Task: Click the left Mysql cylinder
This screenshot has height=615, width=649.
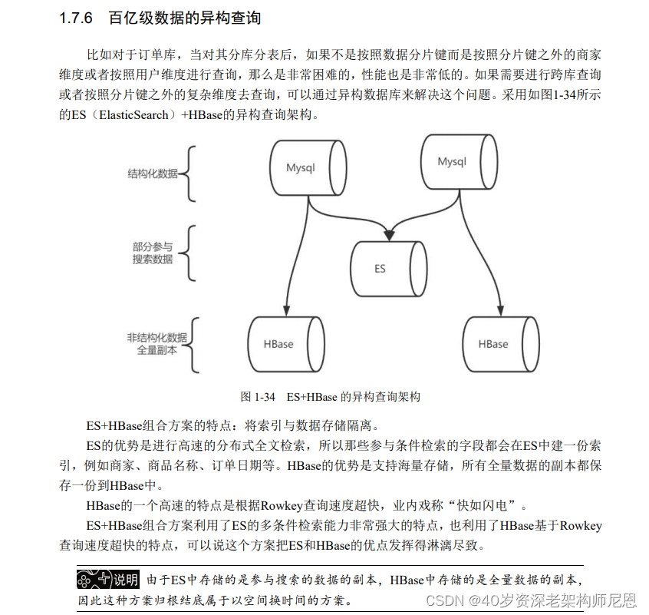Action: coord(301,166)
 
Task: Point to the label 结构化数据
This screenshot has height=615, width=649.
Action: coord(152,174)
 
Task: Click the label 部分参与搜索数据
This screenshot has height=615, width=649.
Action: coord(152,253)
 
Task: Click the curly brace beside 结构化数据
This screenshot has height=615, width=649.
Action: coord(188,174)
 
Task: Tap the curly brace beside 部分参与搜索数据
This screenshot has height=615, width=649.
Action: coord(188,253)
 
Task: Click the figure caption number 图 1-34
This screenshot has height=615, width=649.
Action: coord(257,397)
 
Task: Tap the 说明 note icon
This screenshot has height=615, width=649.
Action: coord(108,579)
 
